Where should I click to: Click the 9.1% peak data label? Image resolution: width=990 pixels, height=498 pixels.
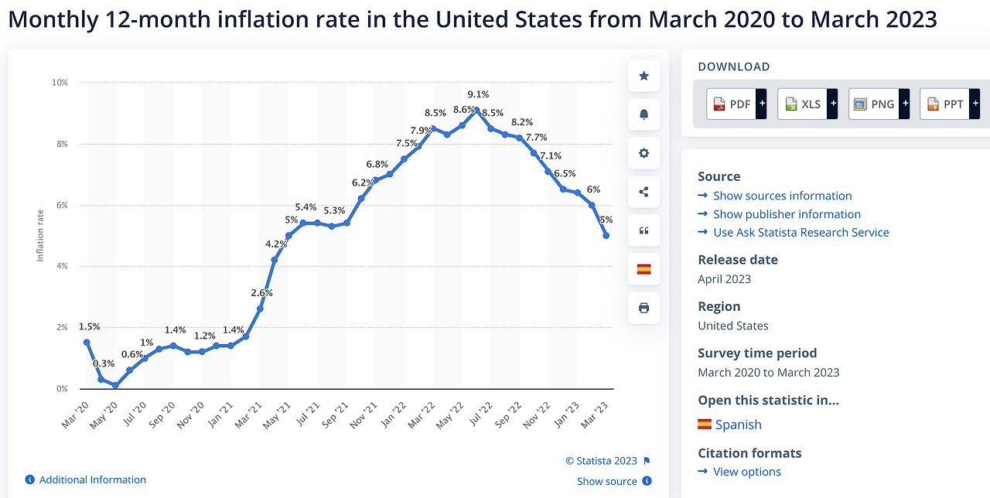coord(478,95)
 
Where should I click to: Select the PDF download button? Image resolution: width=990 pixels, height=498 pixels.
coord(736,104)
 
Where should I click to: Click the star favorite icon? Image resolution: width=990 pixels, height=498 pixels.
coord(643,76)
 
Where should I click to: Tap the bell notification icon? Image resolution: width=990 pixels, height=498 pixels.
coord(643,114)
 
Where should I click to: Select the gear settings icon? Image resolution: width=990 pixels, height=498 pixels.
coord(643,153)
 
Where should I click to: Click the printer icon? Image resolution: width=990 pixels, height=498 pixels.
coord(643,308)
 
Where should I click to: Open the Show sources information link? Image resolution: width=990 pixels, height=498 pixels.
coord(782,196)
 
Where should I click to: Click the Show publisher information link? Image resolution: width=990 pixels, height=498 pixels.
coord(787,214)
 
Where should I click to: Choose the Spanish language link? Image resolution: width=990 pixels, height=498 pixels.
coord(738,425)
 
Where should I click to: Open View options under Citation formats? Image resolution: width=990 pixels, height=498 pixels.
coord(746,472)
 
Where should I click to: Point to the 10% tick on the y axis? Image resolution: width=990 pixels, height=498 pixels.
coord(60,82)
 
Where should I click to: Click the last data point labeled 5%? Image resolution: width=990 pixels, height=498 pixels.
coord(606,236)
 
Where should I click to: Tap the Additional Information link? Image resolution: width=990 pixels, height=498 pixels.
coord(92,480)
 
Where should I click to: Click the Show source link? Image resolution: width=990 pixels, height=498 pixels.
coord(606,481)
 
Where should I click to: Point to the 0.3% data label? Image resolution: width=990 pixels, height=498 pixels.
coord(104,363)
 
